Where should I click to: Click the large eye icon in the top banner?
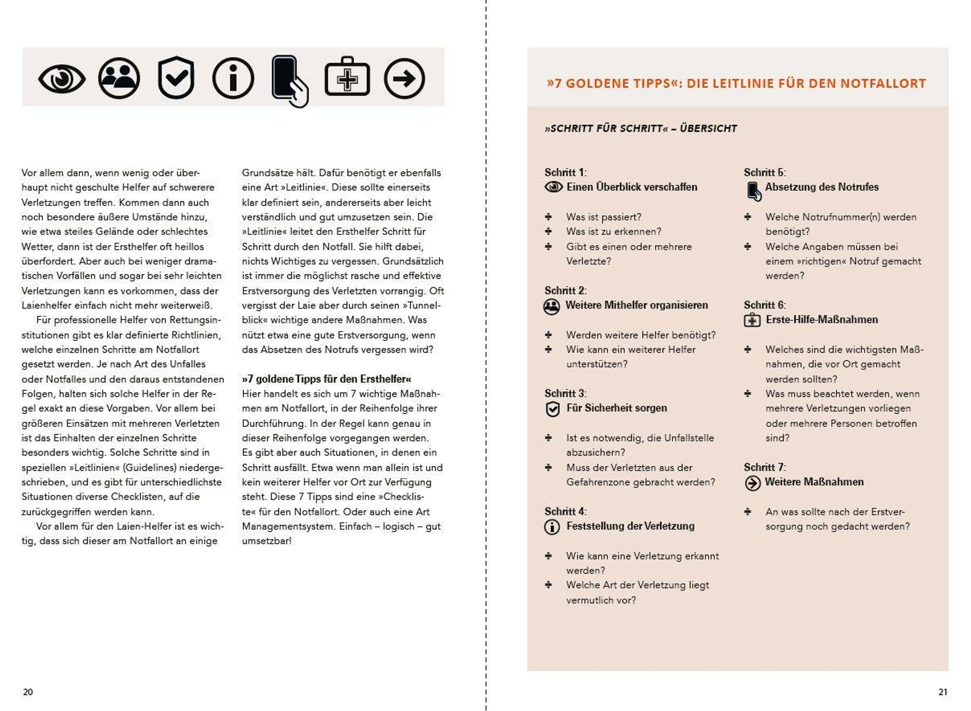tap(61, 79)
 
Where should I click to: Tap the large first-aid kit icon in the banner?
tap(347, 78)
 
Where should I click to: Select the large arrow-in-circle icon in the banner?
tap(404, 79)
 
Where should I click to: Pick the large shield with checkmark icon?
tap(176, 78)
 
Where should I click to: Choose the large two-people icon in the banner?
tap(119, 78)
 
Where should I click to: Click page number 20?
tap(28, 692)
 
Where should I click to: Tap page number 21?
tap(943, 692)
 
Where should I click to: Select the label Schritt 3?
tap(565, 394)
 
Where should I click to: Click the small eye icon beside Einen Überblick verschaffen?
tap(553, 187)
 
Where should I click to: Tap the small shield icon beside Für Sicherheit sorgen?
tap(552, 409)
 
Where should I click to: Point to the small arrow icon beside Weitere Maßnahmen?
tap(752, 483)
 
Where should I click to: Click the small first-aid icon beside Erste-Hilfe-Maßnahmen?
tap(752, 321)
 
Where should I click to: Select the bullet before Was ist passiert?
tap(548, 216)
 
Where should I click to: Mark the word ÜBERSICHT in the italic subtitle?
tap(708, 129)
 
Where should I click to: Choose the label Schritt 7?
tap(764, 468)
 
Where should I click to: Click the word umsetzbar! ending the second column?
tap(267, 541)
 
